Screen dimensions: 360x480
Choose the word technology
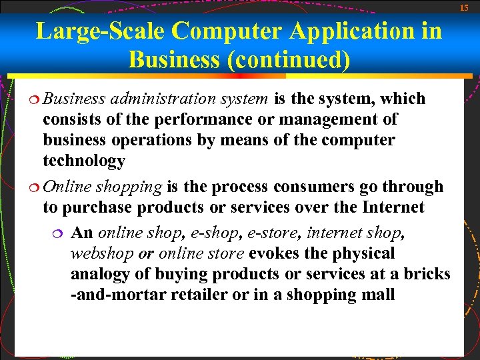click(x=84, y=161)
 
